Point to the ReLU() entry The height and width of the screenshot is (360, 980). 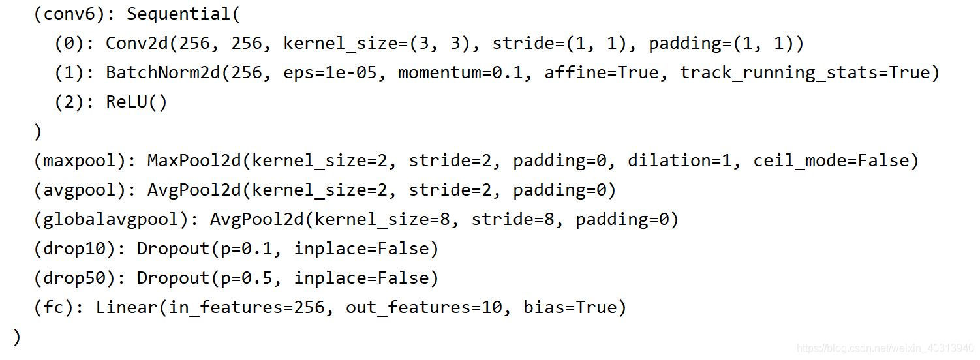[136, 102]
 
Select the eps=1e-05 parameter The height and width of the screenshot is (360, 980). [329, 73]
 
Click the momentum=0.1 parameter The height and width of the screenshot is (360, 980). [461, 73]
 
